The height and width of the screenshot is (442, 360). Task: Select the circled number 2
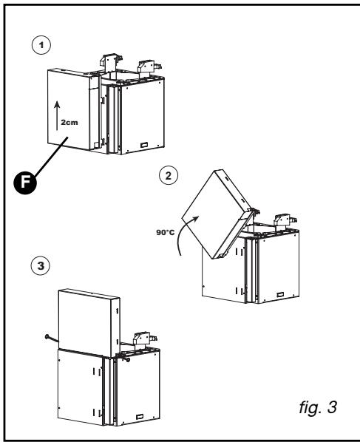(x=169, y=177)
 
